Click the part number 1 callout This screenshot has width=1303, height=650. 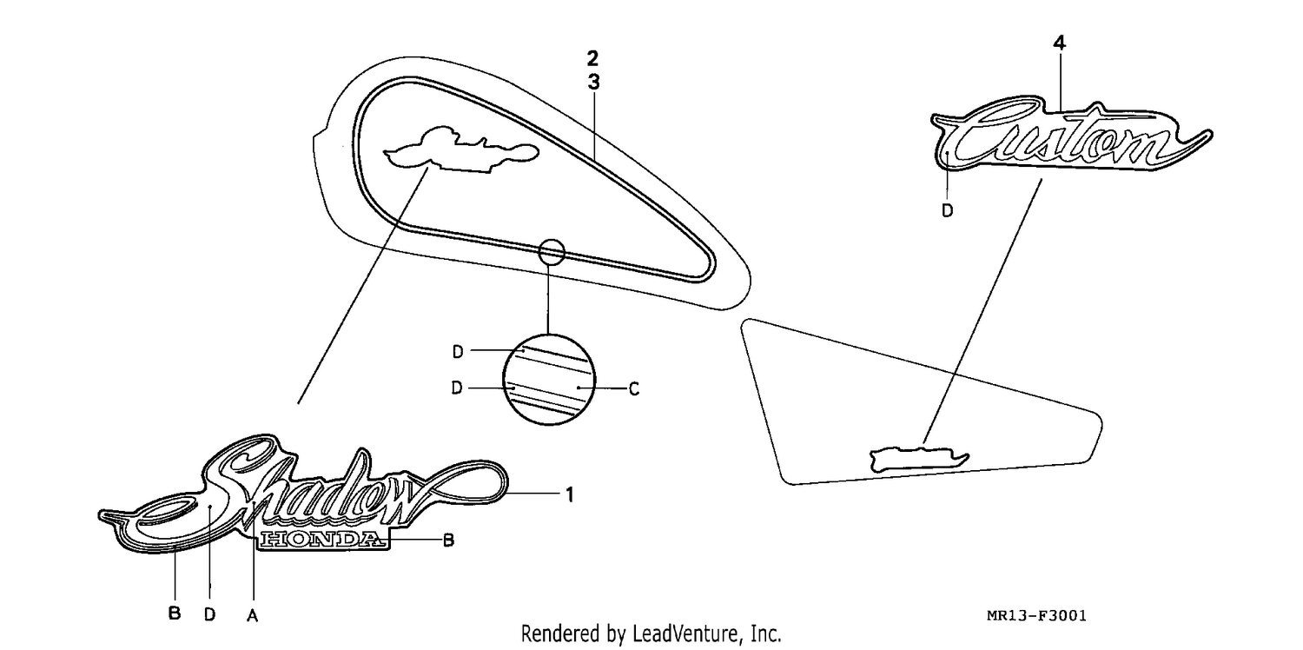(x=570, y=494)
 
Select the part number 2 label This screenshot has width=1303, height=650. (x=592, y=58)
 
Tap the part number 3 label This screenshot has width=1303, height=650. (x=592, y=83)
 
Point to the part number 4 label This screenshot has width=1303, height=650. (x=1059, y=43)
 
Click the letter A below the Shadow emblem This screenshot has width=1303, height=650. (x=252, y=615)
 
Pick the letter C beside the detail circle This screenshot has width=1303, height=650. (x=634, y=388)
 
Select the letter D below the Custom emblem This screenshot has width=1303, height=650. (x=947, y=210)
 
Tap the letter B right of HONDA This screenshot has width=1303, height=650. (x=448, y=541)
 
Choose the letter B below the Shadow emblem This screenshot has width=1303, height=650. (x=174, y=613)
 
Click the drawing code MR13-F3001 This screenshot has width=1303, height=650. (x=1036, y=615)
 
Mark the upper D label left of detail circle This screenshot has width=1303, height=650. (x=458, y=352)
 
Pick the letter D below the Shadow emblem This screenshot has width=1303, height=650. (x=210, y=614)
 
